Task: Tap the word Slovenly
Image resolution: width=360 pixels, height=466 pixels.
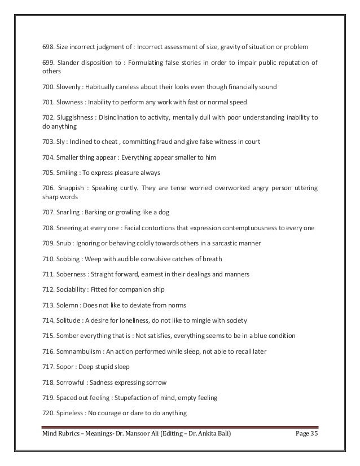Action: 69,87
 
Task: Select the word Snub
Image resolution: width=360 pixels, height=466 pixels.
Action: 63,244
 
